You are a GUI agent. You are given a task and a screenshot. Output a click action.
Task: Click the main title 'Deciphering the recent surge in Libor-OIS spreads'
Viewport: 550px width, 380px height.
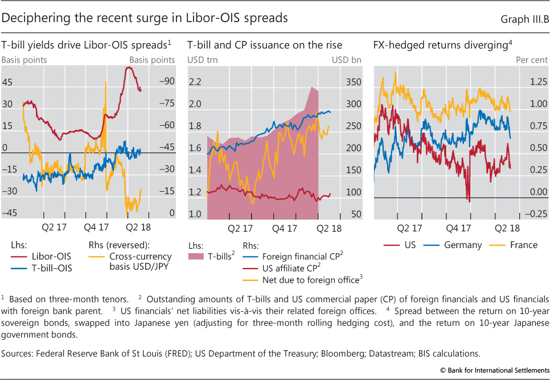[x=145, y=18]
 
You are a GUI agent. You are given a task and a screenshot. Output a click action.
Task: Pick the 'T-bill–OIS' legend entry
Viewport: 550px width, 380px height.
[x=53, y=268]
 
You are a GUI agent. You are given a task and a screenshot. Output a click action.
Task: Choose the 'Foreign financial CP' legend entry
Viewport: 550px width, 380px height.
[x=302, y=257]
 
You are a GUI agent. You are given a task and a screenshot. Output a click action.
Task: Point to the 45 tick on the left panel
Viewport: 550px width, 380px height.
[x=7, y=82]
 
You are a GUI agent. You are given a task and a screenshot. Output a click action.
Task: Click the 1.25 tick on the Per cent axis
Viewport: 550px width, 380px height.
[x=538, y=82]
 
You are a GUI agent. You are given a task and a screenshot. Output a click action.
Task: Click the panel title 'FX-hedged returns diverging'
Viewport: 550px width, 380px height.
[x=442, y=45]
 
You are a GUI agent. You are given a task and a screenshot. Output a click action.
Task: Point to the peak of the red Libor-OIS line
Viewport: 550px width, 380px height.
[x=130, y=67]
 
